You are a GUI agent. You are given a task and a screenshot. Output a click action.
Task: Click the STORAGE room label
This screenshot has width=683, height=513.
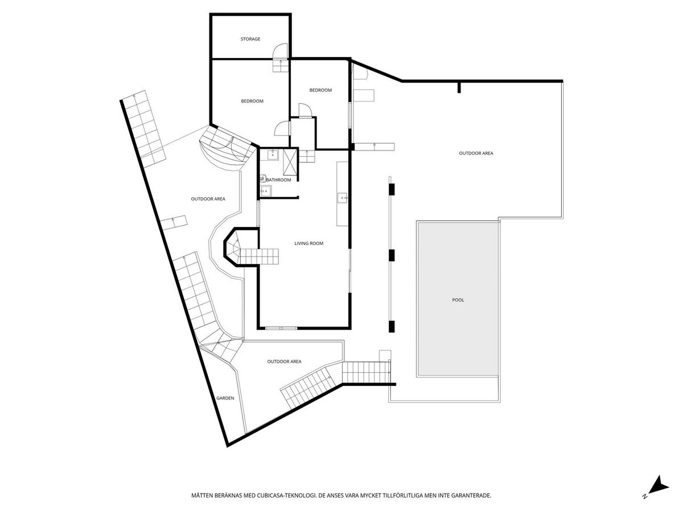click(250, 39)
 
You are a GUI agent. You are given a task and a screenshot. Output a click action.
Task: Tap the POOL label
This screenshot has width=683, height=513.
click(458, 300)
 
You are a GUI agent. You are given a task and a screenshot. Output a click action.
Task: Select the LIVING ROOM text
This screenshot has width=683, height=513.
click(308, 243)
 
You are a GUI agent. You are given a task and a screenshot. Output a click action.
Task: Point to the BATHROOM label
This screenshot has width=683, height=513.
click(278, 180)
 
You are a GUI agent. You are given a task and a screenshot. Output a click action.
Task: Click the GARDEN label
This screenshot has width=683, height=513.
click(225, 398)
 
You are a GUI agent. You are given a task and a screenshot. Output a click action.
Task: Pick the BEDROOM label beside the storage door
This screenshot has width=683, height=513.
click(252, 101)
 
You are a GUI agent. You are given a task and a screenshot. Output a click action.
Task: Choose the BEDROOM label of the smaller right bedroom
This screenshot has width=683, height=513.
click(320, 90)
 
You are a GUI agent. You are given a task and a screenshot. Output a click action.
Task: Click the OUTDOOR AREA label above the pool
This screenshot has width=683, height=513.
click(476, 153)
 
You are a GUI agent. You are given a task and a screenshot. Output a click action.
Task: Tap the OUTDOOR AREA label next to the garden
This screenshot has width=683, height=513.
click(284, 361)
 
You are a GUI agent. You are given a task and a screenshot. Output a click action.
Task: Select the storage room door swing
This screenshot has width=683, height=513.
click(279, 51)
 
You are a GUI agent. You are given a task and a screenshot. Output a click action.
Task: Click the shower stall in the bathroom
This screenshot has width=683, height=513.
click(290, 162)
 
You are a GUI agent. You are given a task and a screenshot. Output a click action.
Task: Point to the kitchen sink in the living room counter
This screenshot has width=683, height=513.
click(343, 198)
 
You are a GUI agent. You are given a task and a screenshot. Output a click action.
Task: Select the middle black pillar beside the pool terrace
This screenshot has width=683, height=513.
click(392, 255)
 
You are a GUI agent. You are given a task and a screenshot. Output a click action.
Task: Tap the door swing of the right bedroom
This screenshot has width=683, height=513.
click(305, 110)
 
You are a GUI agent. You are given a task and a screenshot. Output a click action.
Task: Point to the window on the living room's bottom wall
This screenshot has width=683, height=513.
click(281, 328)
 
